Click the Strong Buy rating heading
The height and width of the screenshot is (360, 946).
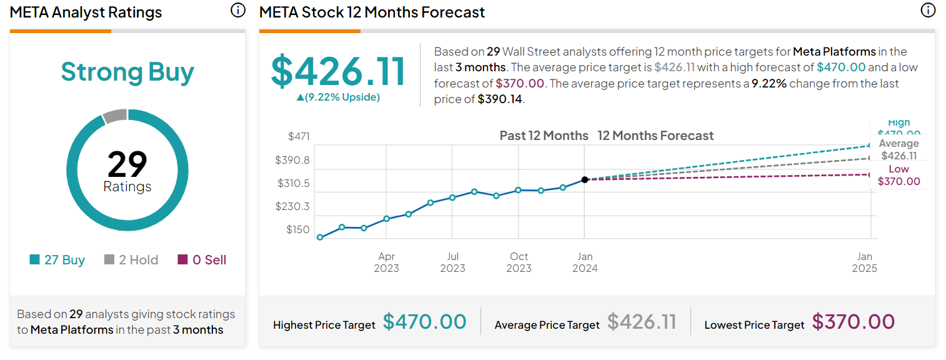(127, 72)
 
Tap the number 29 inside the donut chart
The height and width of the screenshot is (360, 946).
(127, 164)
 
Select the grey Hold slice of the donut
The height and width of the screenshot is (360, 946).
(115, 116)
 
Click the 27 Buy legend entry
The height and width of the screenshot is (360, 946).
(57, 260)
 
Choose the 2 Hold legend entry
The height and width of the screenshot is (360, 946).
(131, 260)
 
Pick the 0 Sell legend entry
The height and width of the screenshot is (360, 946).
(202, 260)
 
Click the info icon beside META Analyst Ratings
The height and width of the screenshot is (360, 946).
(237, 11)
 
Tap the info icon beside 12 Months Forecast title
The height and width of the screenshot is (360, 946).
(928, 11)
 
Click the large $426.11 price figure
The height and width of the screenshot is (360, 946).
(338, 71)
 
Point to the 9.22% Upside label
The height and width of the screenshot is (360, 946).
(338, 97)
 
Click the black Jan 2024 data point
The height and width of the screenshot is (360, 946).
(585, 179)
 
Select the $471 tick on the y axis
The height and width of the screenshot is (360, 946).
(299, 136)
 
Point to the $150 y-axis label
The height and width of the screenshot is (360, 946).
(298, 229)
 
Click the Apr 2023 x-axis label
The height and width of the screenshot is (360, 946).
(386, 262)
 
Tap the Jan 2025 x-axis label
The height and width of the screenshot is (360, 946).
(865, 262)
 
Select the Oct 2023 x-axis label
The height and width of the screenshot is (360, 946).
(519, 262)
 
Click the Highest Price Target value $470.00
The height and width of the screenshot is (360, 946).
(424, 322)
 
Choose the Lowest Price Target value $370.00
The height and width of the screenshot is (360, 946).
(854, 322)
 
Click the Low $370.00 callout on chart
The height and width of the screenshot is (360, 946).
(899, 176)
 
